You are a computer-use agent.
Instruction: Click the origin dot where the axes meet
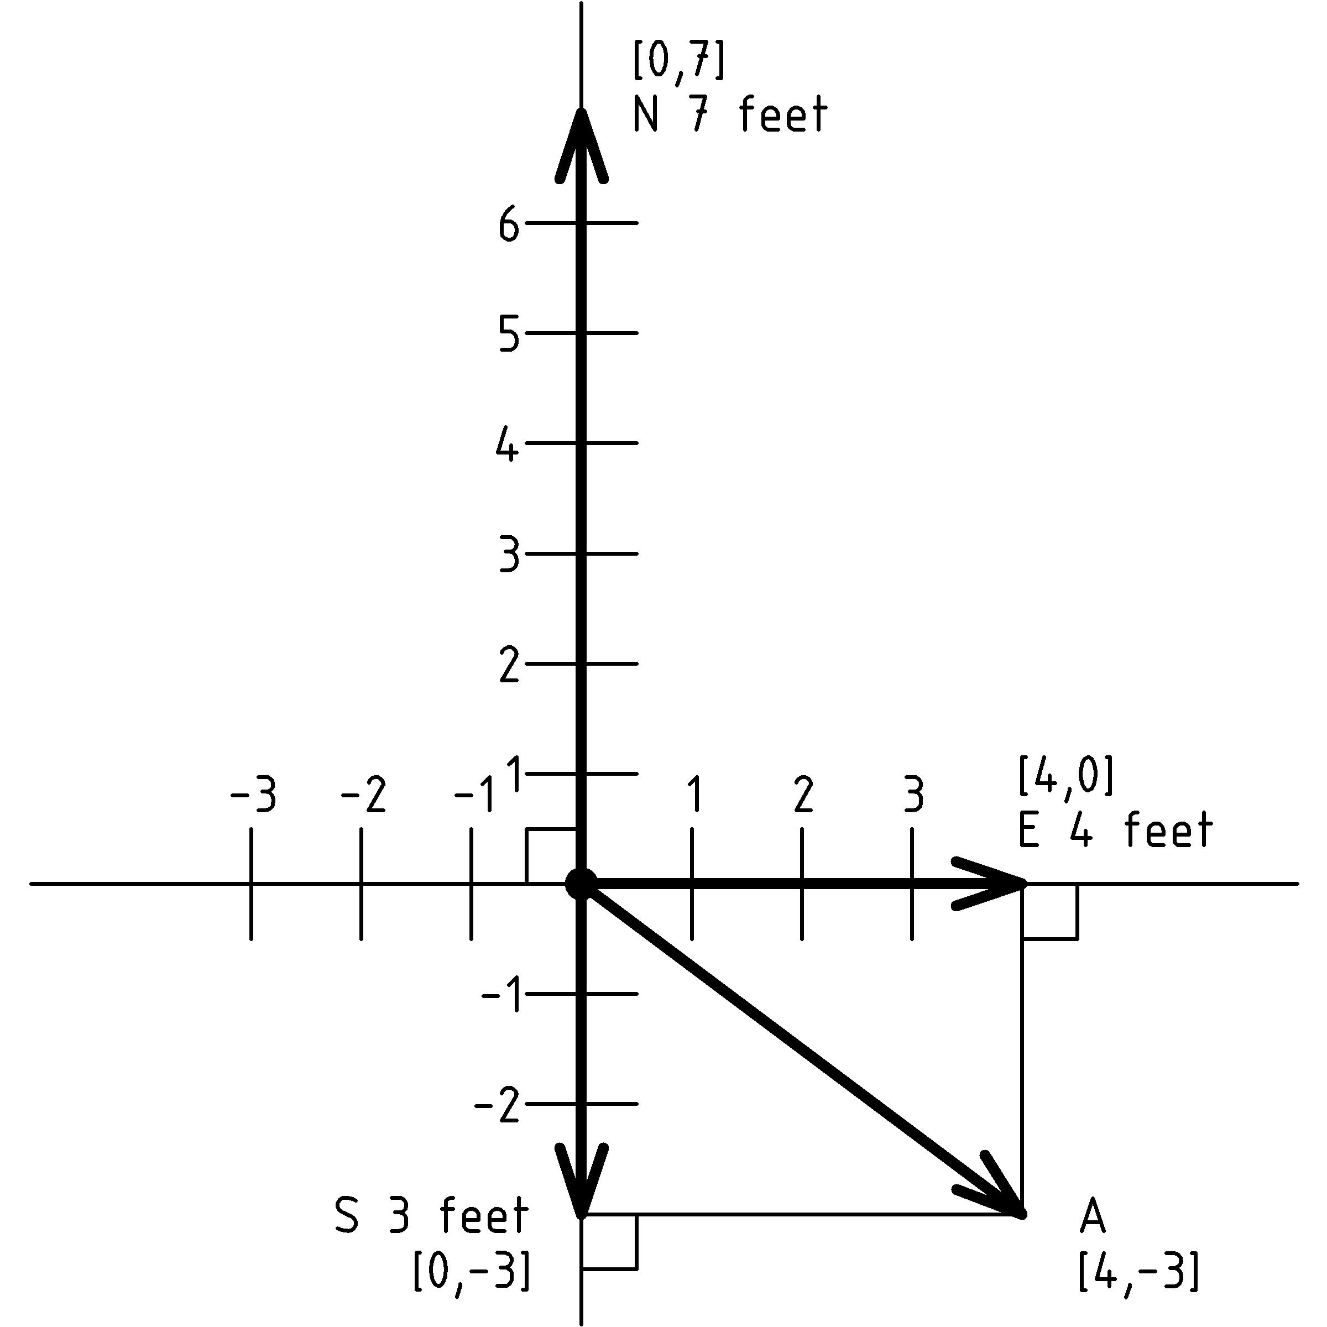click(581, 884)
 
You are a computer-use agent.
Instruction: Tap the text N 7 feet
click(729, 114)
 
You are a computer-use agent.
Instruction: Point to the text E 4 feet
click(1115, 830)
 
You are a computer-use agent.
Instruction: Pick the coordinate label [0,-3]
click(471, 1271)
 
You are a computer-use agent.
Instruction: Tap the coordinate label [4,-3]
click(1139, 1271)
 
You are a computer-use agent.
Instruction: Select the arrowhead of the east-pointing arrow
click(992, 884)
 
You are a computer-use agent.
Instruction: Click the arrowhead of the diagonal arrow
click(996, 1194)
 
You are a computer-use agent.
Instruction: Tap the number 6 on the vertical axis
click(508, 224)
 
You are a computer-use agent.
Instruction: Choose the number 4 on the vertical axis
click(508, 443)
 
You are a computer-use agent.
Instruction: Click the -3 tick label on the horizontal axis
click(253, 797)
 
